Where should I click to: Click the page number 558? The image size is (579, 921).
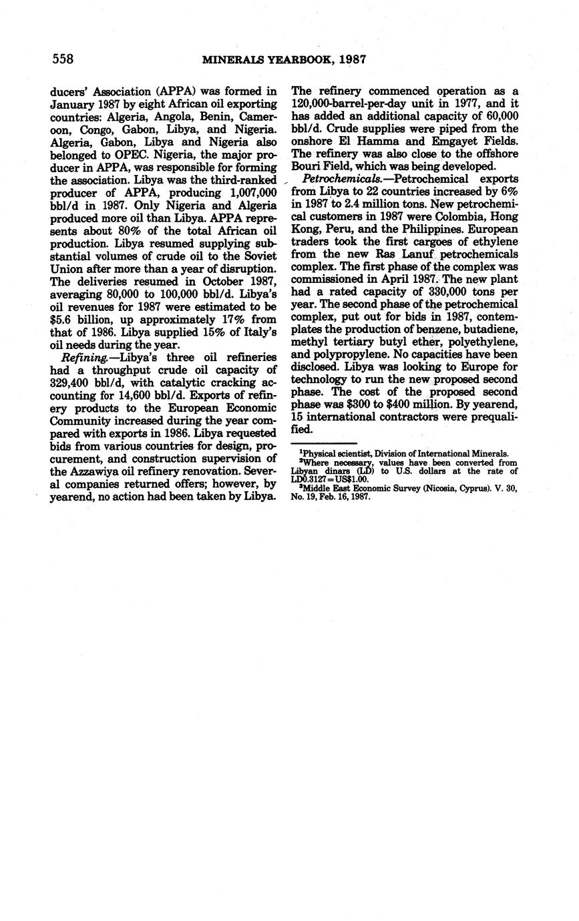click(x=63, y=59)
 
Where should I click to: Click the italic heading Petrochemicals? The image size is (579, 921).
click(x=337, y=179)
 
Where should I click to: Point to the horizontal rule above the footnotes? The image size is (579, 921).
click(x=325, y=443)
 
